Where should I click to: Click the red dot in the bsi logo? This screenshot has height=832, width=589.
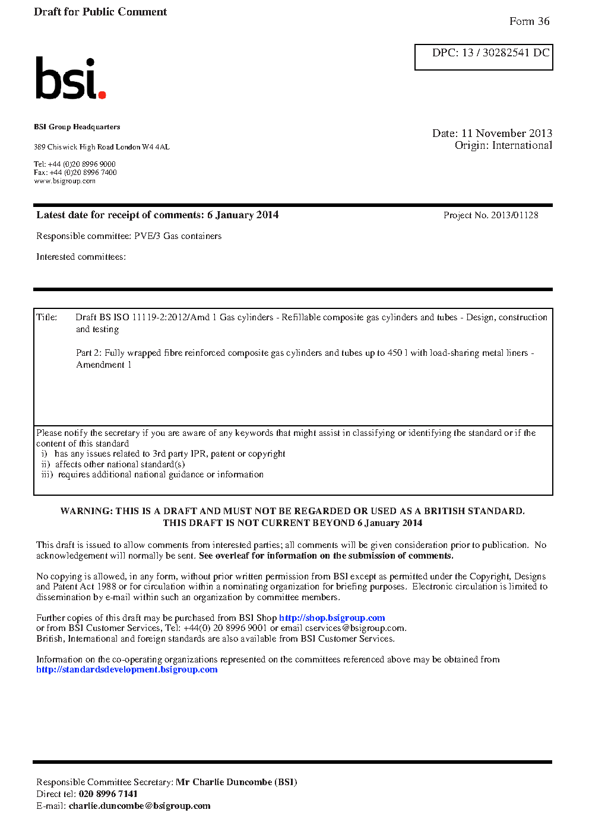(x=102, y=94)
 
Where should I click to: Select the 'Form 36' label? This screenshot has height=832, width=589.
(x=529, y=21)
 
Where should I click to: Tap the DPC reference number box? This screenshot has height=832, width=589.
(x=483, y=57)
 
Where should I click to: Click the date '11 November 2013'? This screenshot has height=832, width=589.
(x=506, y=133)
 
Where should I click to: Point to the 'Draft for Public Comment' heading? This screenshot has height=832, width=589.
(x=100, y=12)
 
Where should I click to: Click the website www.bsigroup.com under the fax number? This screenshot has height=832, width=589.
(x=65, y=181)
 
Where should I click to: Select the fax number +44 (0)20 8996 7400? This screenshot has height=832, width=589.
(x=83, y=173)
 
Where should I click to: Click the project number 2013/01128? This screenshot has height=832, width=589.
(x=514, y=215)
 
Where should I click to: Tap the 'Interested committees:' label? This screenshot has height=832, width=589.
(x=81, y=257)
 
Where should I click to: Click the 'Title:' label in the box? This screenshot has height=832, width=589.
(x=47, y=317)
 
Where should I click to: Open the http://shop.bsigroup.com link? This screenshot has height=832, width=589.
(x=332, y=618)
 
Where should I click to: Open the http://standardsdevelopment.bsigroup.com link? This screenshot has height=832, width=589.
(x=126, y=670)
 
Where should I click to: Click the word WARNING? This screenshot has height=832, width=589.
(x=86, y=511)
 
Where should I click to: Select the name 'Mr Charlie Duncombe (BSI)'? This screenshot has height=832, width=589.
(x=236, y=782)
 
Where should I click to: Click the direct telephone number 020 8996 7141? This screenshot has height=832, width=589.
(x=108, y=794)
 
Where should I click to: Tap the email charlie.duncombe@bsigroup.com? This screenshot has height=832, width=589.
(x=140, y=806)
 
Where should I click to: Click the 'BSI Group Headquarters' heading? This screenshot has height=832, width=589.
(x=77, y=127)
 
